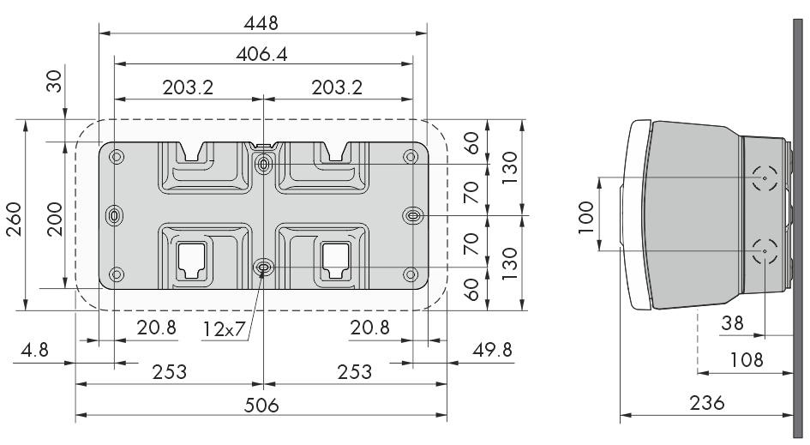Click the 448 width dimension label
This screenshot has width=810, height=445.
click(261, 23)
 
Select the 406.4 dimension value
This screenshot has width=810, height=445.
click(261, 54)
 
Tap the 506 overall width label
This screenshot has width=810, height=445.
click(261, 405)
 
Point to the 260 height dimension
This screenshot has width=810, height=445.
click(14, 219)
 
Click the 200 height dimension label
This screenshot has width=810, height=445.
click(55, 219)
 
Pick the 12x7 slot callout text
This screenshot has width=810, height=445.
click(223, 328)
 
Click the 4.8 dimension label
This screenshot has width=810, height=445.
click(34, 350)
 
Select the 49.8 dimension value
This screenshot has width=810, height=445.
click(492, 350)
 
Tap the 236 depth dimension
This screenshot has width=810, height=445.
click(706, 402)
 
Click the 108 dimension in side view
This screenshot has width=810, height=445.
click(746, 359)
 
